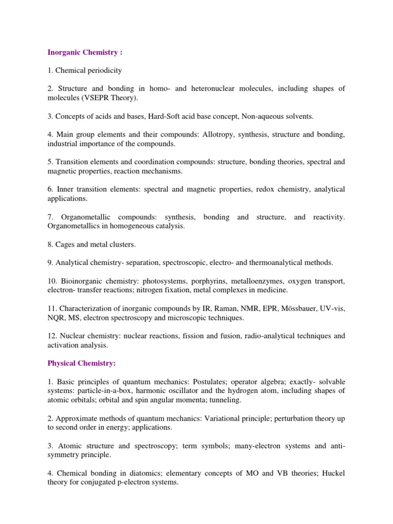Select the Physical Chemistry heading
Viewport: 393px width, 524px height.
82,363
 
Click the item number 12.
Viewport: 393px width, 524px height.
52,336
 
